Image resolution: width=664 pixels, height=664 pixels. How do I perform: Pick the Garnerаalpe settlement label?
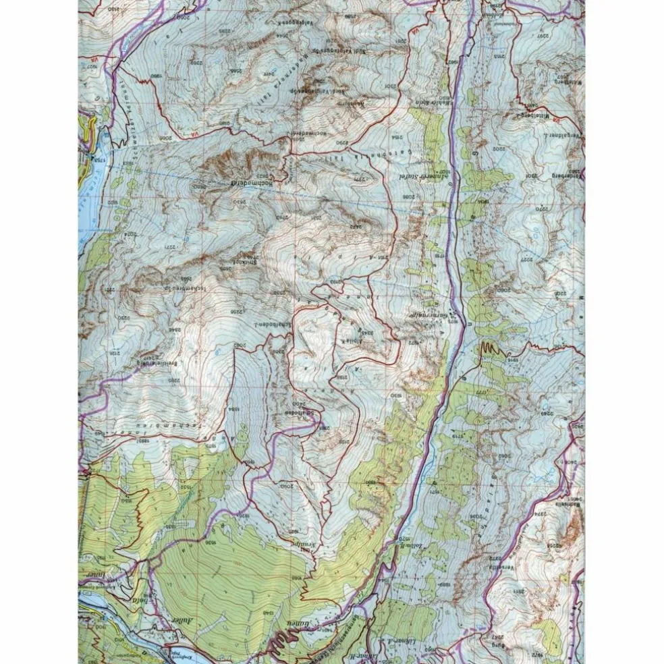(x=428, y=313)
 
